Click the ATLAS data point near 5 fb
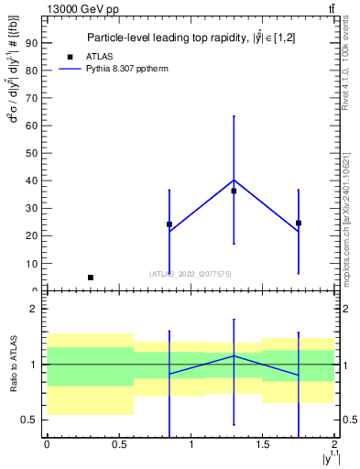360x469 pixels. [90, 277]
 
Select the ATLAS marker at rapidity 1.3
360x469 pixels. [234, 191]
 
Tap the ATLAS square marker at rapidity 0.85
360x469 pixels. [169, 224]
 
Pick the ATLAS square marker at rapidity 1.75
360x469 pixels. [299, 223]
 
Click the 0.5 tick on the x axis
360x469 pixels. [118, 444]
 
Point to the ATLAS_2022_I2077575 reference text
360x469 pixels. [191, 273]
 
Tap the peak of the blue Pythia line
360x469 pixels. [234, 180]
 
